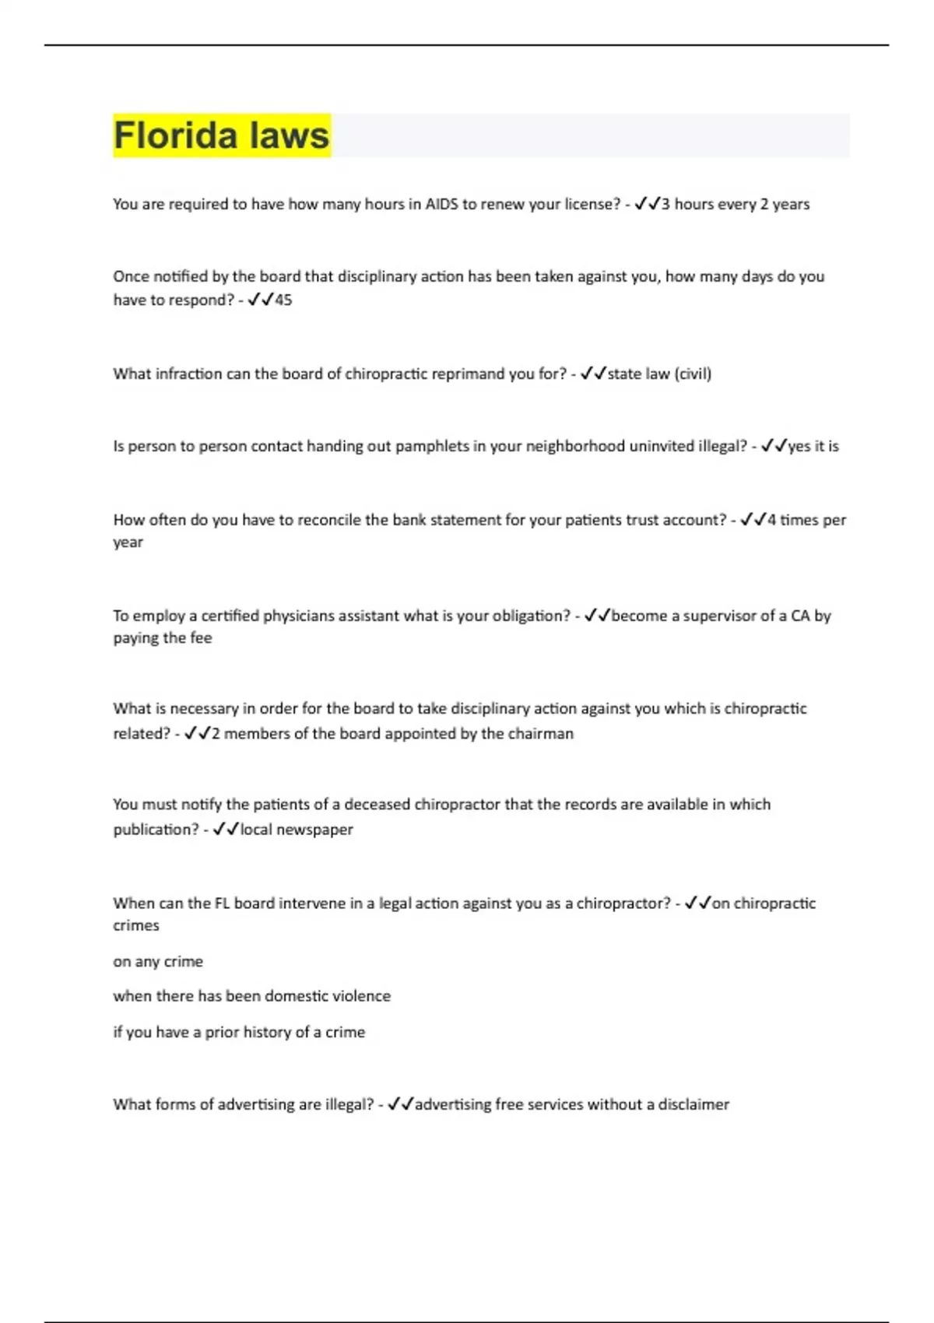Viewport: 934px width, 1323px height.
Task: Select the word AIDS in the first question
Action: pos(441,204)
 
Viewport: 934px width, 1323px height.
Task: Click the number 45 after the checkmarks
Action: pos(283,300)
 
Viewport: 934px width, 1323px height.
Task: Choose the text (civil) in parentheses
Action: pos(693,374)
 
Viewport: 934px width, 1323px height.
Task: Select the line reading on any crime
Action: pos(158,961)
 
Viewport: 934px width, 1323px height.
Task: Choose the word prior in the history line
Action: pos(222,1032)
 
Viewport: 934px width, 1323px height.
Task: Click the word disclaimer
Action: pos(693,1104)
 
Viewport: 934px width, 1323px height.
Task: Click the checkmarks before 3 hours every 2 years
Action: pos(648,204)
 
